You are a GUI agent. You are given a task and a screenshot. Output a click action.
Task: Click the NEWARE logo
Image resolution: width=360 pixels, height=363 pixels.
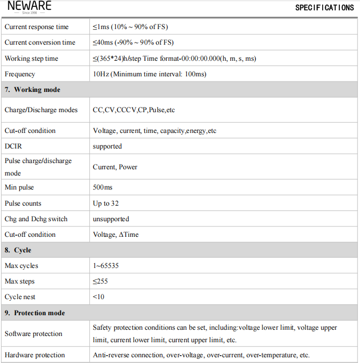click(29, 7)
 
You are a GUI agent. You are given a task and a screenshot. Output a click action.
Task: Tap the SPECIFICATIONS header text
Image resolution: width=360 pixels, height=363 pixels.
click(324, 8)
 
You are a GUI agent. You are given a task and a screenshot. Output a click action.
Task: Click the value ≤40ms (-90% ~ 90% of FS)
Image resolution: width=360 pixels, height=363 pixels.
click(133, 43)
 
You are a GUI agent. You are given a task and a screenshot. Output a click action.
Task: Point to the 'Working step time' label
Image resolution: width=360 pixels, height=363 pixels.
click(32, 59)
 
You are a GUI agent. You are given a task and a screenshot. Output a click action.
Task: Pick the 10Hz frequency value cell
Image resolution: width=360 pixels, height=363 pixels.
click(149, 74)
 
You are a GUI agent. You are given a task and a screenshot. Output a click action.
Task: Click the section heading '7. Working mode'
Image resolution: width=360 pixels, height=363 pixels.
click(33, 90)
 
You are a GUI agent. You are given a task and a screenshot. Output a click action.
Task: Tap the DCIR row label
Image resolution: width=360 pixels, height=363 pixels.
click(13, 146)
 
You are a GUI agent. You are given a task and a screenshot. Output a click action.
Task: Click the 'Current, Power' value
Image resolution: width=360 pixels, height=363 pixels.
click(115, 167)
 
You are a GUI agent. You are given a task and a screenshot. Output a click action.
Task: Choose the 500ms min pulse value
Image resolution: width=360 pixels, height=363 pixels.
click(103, 187)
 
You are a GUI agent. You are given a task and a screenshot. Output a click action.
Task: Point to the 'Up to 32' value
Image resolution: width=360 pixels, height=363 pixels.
click(106, 204)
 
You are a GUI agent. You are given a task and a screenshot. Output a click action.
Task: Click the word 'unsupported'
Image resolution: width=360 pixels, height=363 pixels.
click(111, 219)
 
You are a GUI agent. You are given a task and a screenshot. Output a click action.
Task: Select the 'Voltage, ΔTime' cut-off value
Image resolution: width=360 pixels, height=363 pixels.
click(116, 235)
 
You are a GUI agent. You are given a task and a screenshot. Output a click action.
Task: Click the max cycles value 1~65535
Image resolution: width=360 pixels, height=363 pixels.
click(106, 266)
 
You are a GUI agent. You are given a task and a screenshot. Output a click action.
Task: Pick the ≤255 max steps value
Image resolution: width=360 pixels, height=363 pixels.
click(101, 281)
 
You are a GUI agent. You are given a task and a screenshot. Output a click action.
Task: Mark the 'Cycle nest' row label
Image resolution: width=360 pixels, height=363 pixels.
click(20, 297)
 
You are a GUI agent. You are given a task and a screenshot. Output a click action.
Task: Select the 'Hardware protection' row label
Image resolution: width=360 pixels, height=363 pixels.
click(35, 355)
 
